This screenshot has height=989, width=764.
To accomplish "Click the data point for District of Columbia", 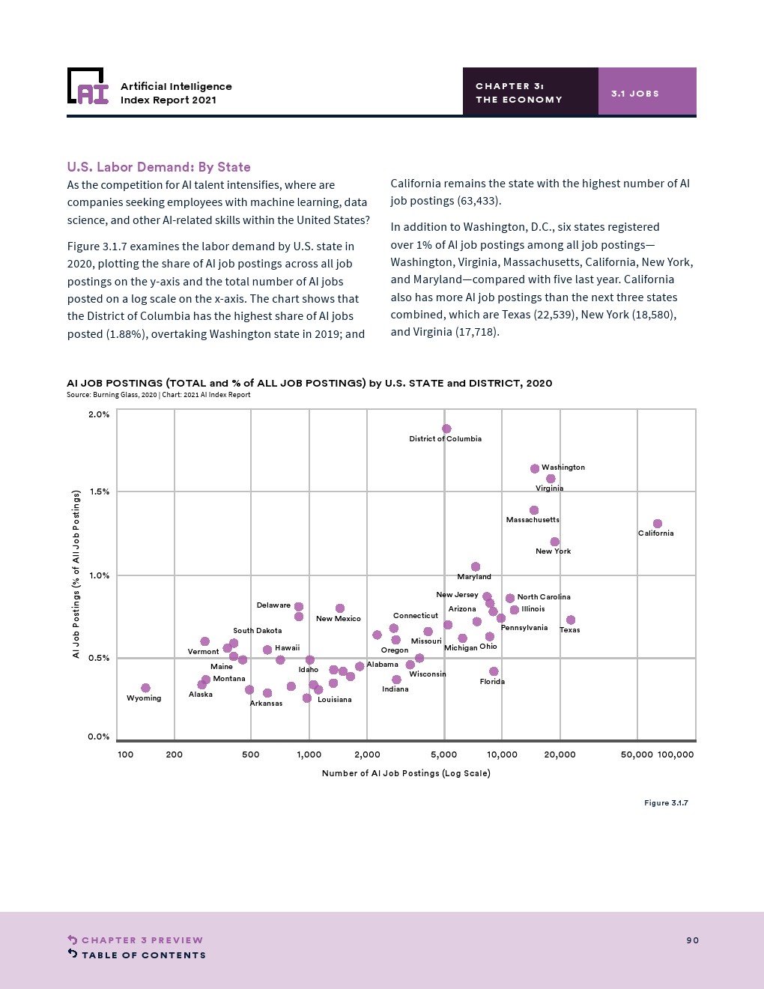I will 446,429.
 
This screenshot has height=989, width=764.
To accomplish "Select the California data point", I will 657,524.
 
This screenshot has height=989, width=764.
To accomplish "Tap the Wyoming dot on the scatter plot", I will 145,688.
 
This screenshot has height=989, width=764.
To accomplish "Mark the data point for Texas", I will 571,620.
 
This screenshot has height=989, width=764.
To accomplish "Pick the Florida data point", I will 494,671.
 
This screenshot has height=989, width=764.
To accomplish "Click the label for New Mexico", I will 338,619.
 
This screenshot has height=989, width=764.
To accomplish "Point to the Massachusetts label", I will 533,520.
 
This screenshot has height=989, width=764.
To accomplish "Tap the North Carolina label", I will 544,597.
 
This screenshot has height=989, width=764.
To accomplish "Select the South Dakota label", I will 257,631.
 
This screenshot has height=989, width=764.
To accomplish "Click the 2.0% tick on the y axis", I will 99,414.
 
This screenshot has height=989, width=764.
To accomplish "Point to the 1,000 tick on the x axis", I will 309,754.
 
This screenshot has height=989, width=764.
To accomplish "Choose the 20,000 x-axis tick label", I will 560,754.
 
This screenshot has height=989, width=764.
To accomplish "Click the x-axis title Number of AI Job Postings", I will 406,773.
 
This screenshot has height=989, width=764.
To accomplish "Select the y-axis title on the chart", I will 76,574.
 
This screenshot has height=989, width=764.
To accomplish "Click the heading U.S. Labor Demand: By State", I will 159,167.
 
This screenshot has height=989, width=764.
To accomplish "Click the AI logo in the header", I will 88,86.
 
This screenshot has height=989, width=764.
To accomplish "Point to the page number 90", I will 692,940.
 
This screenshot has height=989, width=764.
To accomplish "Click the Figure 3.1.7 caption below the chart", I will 666,803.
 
